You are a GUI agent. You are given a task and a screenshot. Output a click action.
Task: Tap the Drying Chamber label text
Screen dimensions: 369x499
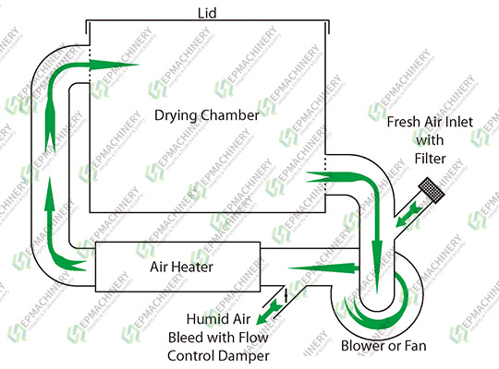(206, 116)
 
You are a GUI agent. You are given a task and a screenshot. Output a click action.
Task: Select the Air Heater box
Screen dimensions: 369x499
(182, 267)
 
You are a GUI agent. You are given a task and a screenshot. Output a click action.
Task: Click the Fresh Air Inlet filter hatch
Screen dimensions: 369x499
(432, 193)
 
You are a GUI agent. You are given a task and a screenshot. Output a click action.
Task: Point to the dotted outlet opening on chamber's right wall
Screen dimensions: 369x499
(326, 170)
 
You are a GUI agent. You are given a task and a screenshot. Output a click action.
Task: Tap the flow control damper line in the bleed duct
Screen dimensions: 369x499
(286, 294)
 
